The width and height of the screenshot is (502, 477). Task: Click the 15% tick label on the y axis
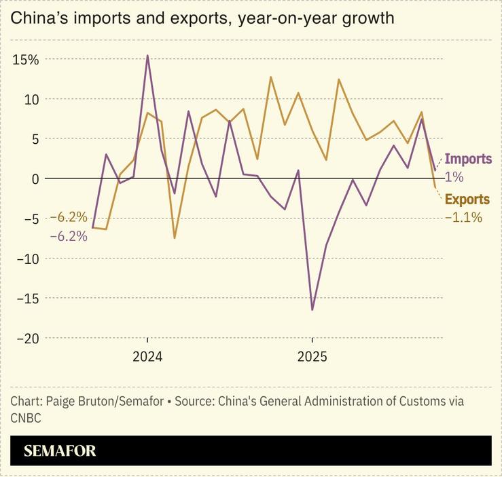point(25,60)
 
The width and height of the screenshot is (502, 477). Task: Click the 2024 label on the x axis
point(147,357)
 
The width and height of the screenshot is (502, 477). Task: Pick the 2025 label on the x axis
point(312,357)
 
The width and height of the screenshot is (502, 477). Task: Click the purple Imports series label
point(468,159)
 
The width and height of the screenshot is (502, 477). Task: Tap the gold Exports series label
point(467,199)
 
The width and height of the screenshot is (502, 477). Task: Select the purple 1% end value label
point(454,177)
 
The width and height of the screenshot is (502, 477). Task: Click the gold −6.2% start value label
point(69,218)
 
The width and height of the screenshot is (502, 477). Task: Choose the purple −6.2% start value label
point(69,237)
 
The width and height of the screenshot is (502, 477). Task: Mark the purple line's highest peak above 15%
point(147,56)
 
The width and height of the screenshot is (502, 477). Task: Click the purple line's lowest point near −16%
point(312,309)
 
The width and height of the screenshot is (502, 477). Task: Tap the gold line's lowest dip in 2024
point(175,237)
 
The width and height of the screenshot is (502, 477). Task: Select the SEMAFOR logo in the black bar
point(60,451)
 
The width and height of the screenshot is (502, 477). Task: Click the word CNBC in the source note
point(26,418)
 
